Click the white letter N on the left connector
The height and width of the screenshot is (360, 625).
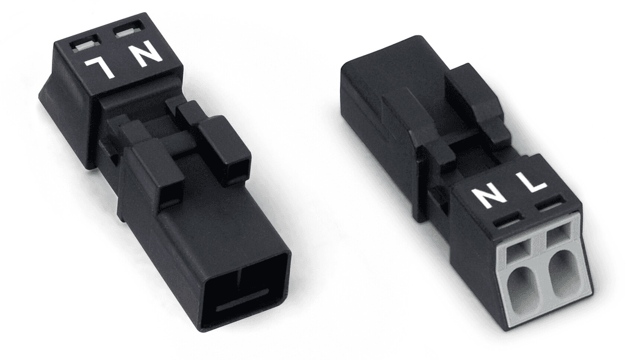146,56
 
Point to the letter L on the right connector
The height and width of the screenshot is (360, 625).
529,182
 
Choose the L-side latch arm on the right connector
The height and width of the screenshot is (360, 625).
476,101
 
